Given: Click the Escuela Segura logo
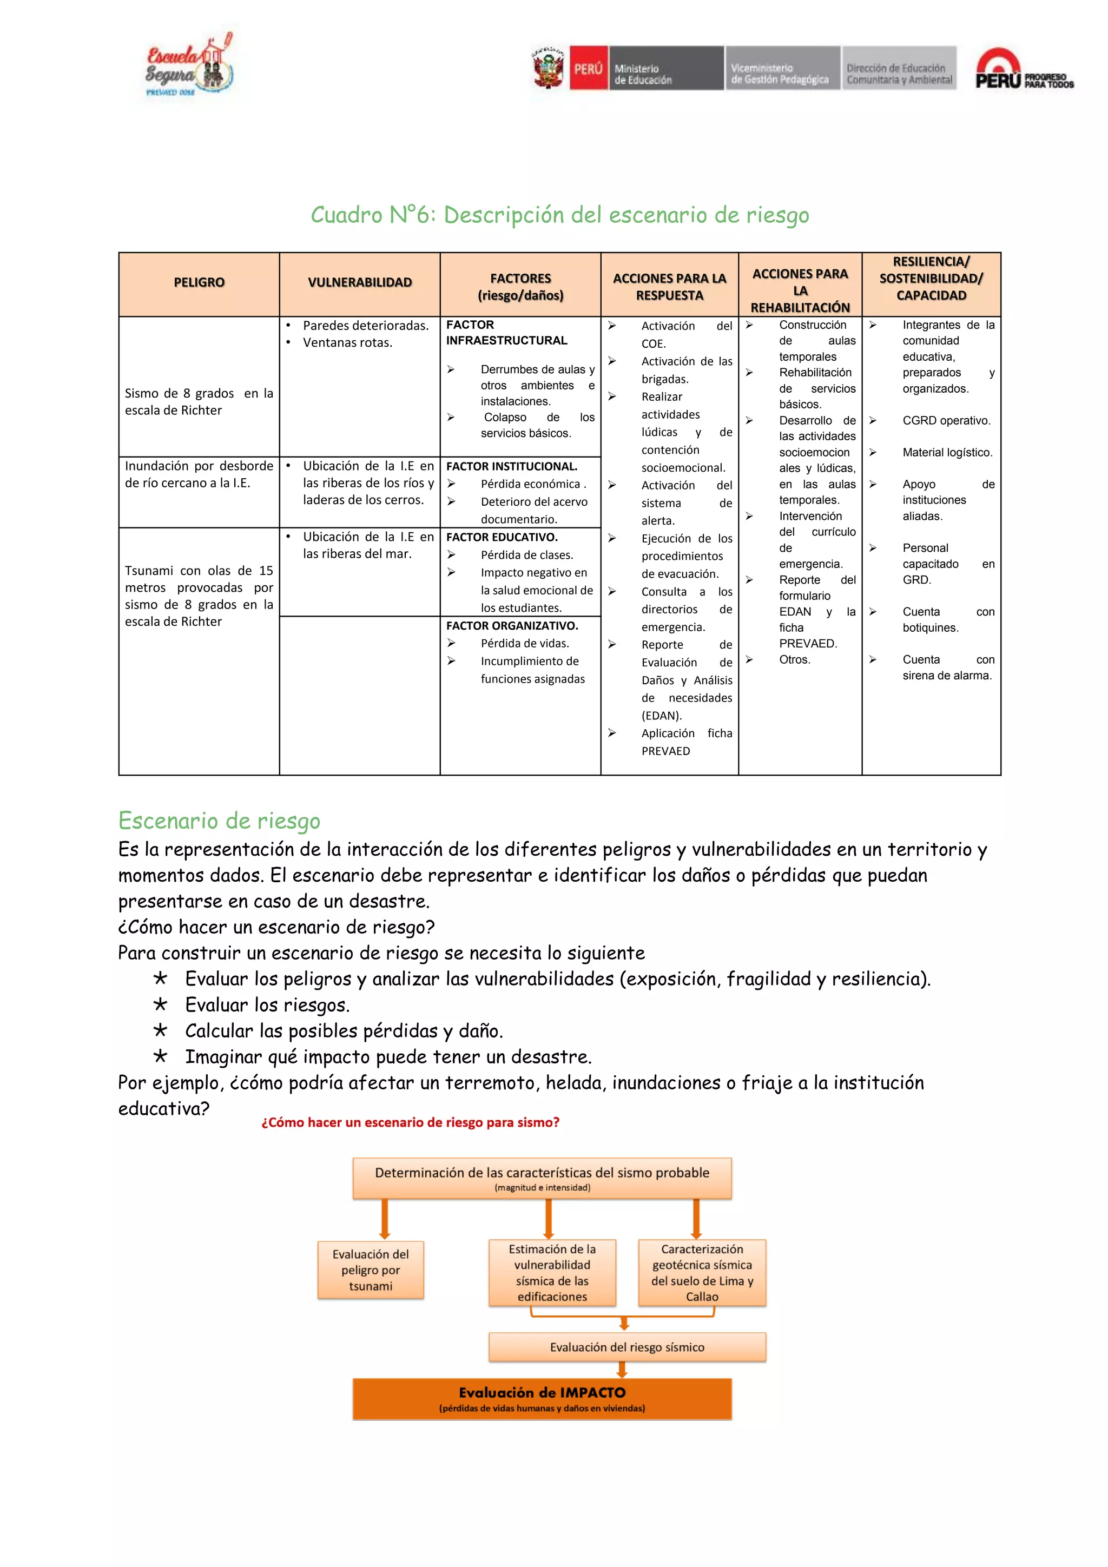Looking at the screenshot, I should tap(188, 67).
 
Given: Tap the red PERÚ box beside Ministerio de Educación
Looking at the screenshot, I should tap(588, 68).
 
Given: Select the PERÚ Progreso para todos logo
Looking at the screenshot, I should tap(1024, 70).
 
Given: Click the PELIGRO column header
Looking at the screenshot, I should tap(199, 282).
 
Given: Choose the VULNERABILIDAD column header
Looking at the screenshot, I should tap(360, 282).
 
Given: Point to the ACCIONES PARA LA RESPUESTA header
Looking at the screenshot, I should tap(669, 287).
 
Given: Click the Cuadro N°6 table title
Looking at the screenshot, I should tap(560, 215).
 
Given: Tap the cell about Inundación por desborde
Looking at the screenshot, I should tap(199, 474).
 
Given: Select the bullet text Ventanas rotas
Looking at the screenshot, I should tap(347, 342).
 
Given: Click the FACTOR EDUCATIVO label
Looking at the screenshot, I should tap(502, 537).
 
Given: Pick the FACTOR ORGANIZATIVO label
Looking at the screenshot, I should tap(512, 626).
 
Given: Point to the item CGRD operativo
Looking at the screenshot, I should tap(946, 420).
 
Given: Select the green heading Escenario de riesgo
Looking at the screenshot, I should tap(219, 821).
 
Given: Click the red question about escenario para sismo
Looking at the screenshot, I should tap(410, 1123).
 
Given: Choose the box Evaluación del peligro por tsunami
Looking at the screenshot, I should tap(371, 1270).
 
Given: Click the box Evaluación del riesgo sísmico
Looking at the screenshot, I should tap(626, 1347).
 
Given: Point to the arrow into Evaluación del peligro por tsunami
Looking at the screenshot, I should tap(385, 1219).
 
